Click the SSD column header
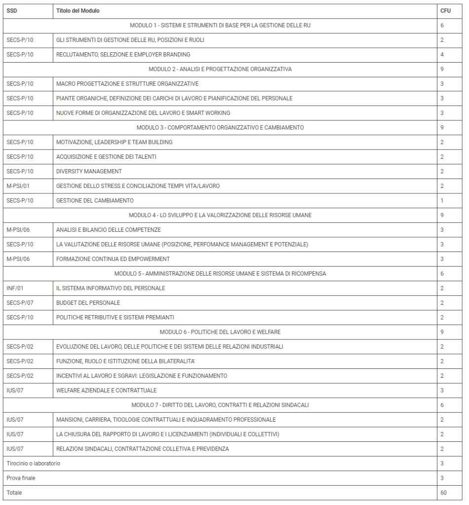pyautogui.click(x=12, y=10)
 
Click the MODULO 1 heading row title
pyautogui.click(x=220, y=25)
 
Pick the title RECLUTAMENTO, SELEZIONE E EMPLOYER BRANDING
pyautogui.click(x=123, y=54)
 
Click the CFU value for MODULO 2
pyautogui.click(x=442, y=69)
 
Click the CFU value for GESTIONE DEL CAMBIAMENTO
pyautogui.click(x=442, y=200)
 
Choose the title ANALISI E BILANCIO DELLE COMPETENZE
pyautogui.click(x=108, y=230)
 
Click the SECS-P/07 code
pyautogui.click(x=20, y=303)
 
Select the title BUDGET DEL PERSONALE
pyautogui.click(x=88, y=303)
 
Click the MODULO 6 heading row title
pyautogui.click(x=220, y=332)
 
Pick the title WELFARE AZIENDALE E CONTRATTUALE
pyautogui.click(x=106, y=391)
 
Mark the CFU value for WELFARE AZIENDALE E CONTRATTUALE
pyautogui.click(x=442, y=391)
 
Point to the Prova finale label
pyautogui.click(x=21, y=478)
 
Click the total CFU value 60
pyautogui.click(x=443, y=493)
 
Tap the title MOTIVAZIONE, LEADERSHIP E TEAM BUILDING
pyautogui.click(x=114, y=142)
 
